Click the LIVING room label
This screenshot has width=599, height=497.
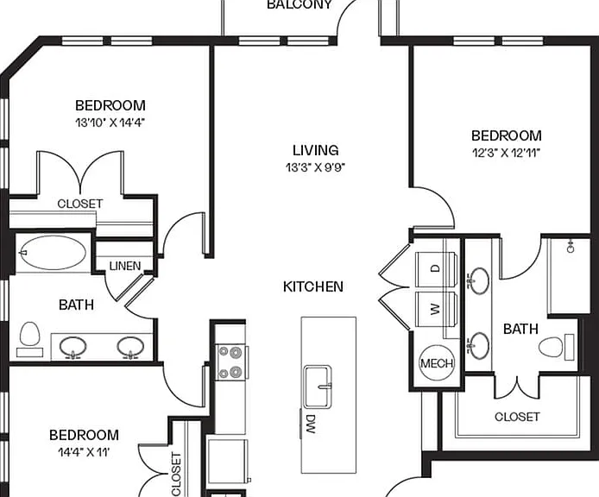[316, 150]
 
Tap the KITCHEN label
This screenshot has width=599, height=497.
[313, 286]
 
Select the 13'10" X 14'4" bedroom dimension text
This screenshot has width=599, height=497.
[110, 123]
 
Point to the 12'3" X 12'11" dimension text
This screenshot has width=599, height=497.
[506, 153]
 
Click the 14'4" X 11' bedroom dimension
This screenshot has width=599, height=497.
[84, 452]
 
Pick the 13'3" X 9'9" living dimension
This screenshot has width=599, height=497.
[316, 167]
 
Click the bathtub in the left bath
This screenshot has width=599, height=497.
[54, 253]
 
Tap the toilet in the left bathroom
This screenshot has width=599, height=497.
[30, 339]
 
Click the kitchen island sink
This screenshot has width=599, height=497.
[318, 387]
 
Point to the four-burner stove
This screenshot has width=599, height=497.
[230, 362]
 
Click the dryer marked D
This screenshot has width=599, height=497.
[436, 269]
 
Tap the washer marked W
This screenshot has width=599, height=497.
[436, 309]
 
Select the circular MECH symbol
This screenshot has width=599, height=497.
[437, 362]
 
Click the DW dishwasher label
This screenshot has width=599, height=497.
[310, 424]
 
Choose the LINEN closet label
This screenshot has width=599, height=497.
[125, 266]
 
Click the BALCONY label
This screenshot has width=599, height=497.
[299, 4]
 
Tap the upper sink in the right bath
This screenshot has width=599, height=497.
[479, 280]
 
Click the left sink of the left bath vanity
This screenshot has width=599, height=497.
[73, 347]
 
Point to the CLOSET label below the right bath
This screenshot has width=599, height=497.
[517, 417]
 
